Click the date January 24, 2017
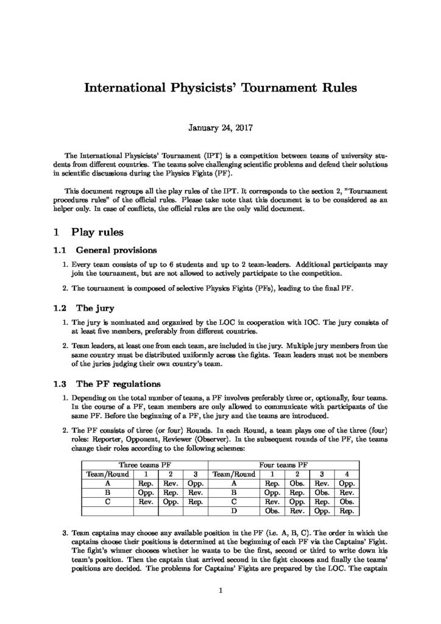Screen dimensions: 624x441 [220, 129]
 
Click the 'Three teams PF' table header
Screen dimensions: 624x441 [144, 464]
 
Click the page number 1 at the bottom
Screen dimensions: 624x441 [220, 590]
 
